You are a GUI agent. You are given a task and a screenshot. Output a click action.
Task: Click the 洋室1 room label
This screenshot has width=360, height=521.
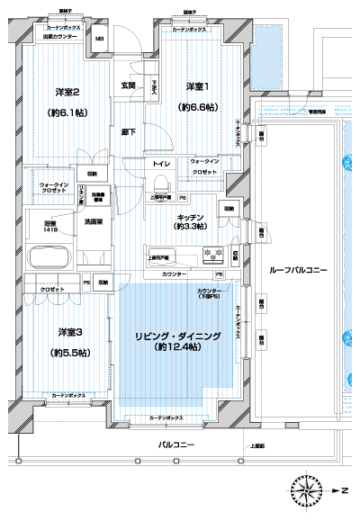point(199,86)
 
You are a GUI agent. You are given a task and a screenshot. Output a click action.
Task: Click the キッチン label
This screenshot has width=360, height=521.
point(192,218)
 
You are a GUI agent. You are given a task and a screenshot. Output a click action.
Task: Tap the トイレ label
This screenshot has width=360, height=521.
point(162,165)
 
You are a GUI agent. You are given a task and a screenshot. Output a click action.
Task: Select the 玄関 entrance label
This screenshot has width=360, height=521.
point(129,86)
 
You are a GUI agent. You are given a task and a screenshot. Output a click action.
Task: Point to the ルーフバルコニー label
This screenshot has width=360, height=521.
point(298,270)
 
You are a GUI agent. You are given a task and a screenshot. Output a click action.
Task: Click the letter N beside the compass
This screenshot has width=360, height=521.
point(344,490)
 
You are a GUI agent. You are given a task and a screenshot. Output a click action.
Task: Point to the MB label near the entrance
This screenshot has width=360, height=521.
point(100,39)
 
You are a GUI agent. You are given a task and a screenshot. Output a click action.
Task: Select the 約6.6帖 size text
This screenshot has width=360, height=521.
point(199,107)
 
